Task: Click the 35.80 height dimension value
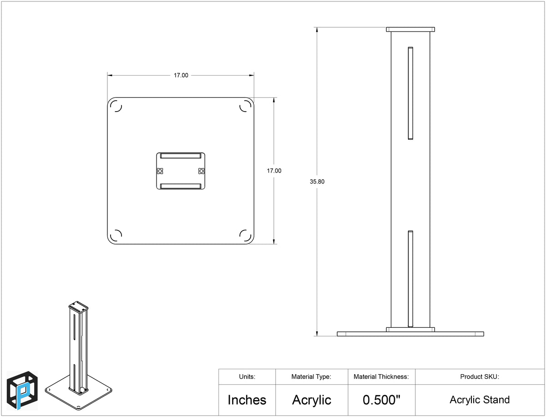pyautogui.click(x=317, y=182)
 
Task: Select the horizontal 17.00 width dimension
pyautogui.click(x=181, y=76)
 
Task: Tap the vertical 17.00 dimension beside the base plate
pyautogui.click(x=274, y=171)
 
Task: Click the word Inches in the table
pyautogui.click(x=247, y=400)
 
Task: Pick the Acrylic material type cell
pyautogui.click(x=311, y=400)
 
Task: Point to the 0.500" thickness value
pyautogui.click(x=382, y=400)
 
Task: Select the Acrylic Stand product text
pyautogui.click(x=480, y=400)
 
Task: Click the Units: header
pyautogui.click(x=247, y=376)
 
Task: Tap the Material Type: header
pyautogui.click(x=311, y=377)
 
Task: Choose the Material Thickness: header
pyautogui.click(x=381, y=376)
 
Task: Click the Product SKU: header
pyautogui.click(x=480, y=376)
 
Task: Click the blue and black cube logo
pyautogui.click(x=22, y=391)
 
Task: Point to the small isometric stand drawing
pyautogui.click(x=78, y=356)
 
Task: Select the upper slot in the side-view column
pyautogui.click(x=410, y=93)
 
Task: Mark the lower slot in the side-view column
pyautogui.click(x=410, y=279)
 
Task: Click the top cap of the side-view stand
pyautogui.click(x=410, y=29)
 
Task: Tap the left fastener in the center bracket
pyautogui.click(x=160, y=171)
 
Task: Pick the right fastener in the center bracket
pyautogui.click(x=201, y=171)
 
